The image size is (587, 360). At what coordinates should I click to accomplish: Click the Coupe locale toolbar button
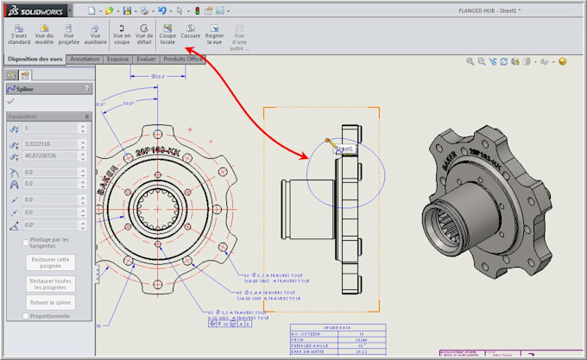pos(167,34)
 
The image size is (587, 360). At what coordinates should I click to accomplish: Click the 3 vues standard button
pos(19,34)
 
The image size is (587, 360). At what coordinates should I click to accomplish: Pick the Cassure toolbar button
pos(190,34)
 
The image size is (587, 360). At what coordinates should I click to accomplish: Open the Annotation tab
pos(85,60)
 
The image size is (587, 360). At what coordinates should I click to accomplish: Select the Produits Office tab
pos(184,60)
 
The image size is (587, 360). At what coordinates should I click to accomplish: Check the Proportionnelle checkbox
pos(26,316)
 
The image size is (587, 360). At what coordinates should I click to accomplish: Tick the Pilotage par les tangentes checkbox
pos(26,240)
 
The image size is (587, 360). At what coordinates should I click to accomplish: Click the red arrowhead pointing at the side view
pos(305,156)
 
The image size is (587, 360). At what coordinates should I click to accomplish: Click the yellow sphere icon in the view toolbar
pos(562,62)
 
